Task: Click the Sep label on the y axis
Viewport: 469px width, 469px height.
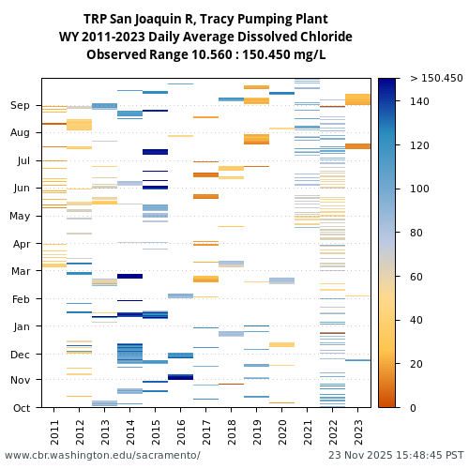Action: click(20, 106)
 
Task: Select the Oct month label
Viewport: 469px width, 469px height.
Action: click(21, 407)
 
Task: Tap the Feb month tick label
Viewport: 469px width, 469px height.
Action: click(21, 299)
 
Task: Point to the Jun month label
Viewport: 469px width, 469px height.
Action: click(21, 189)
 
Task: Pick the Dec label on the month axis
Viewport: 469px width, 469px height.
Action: click(20, 354)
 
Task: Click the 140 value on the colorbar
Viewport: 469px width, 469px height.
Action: click(419, 101)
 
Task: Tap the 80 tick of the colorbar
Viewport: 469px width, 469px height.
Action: click(416, 233)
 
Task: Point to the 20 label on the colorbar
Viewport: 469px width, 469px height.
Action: click(416, 364)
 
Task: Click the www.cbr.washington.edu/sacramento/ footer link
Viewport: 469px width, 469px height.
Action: click(102, 455)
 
